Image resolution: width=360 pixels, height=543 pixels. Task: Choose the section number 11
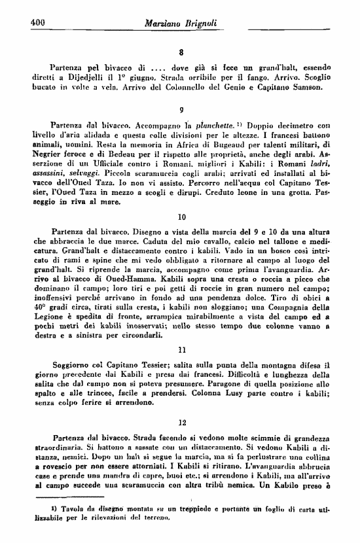[x=182, y=351]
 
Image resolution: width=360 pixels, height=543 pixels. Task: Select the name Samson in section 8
[x=302, y=86]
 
